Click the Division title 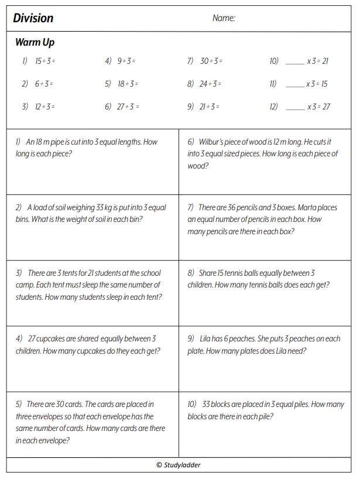point(33,18)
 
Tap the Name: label point(224,18)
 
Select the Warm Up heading point(35,42)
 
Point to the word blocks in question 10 point(224,404)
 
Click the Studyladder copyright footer point(179,465)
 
